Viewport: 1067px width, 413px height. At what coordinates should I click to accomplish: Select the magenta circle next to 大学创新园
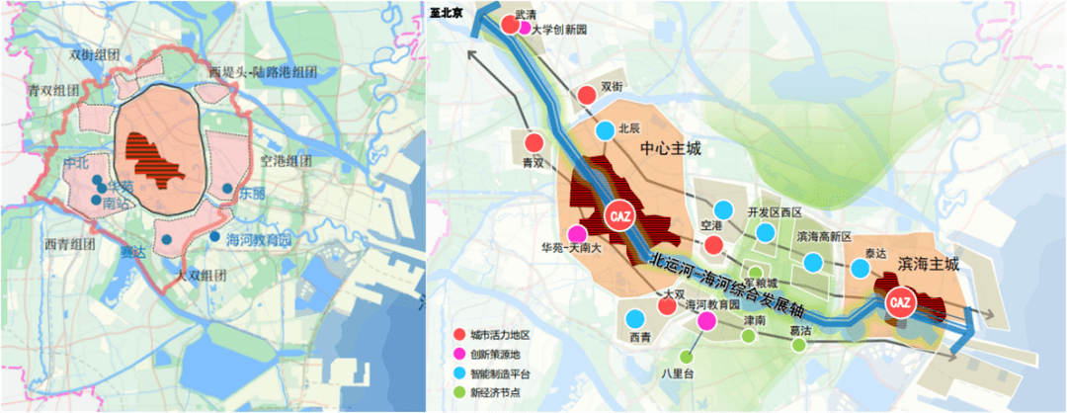coord(524,30)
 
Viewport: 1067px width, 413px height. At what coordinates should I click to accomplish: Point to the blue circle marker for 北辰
coord(605,130)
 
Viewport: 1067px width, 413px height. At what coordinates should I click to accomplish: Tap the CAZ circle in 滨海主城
coord(900,300)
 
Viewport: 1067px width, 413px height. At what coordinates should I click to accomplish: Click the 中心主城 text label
coord(673,149)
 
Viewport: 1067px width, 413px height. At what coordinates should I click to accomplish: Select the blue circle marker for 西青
coord(632,318)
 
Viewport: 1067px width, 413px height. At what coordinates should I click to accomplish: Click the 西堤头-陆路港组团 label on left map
coord(260,73)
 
